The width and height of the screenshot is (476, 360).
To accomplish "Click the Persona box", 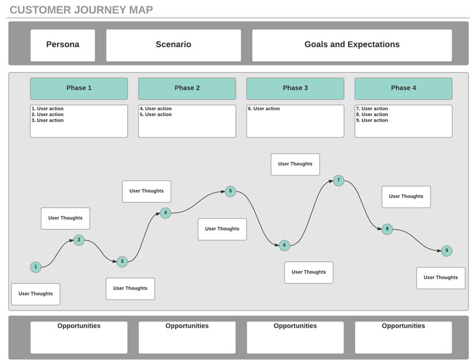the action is [x=63, y=46].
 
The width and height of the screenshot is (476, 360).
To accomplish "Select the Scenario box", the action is [x=173, y=46].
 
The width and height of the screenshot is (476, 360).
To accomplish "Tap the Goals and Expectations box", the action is [x=352, y=46].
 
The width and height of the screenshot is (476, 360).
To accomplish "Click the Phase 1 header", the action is [x=79, y=88].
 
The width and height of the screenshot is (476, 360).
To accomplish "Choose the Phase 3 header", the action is [x=295, y=88].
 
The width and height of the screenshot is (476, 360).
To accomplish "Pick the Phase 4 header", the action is [x=403, y=88].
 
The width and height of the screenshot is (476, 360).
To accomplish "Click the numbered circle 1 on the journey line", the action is [x=36, y=267].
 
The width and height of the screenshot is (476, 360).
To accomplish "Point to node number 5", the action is [x=231, y=191].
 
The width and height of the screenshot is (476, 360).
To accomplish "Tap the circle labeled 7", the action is [x=338, y=180].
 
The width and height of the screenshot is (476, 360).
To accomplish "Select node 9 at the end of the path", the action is [x=447, y=251].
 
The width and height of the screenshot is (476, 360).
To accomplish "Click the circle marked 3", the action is [x=122, y=262].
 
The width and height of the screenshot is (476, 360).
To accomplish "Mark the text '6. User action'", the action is [x=264, y=109].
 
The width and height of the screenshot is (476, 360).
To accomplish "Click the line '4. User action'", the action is [x=156, y=109].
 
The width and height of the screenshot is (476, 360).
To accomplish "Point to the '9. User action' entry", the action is [x=372, y=120].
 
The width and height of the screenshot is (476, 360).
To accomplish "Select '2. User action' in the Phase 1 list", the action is [x=47, y=115].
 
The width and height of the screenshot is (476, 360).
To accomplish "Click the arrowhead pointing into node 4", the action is [x=157, y=214].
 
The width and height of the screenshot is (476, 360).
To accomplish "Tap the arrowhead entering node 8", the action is [x=379, y=229].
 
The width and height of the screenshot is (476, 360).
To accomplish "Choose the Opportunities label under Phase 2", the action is [x=187, y=325].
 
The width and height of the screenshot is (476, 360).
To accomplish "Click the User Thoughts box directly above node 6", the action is [x=295, y=164].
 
